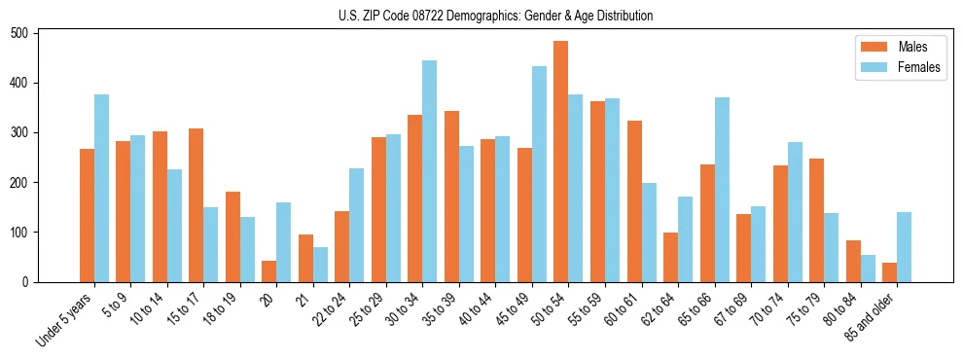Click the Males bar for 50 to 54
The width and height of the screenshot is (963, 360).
[x=561, y=162]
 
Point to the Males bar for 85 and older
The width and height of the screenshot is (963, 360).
[x=889, y=272]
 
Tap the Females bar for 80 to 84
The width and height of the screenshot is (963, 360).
[x=868, y=269]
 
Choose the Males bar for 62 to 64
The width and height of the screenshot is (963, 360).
[x=670, y=257]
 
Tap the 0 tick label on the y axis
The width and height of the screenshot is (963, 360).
[x=31, y=282]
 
